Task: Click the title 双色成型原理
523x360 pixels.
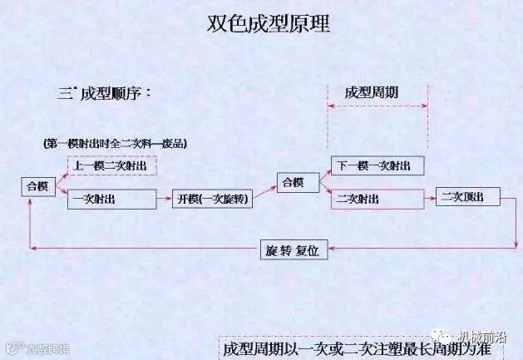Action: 268,23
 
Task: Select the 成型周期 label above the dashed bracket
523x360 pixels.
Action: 372,93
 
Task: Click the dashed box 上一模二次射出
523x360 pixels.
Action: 111,165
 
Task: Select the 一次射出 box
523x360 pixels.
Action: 111,200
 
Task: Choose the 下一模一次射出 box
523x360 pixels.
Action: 377,165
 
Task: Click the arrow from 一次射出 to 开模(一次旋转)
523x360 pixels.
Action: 165,200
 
